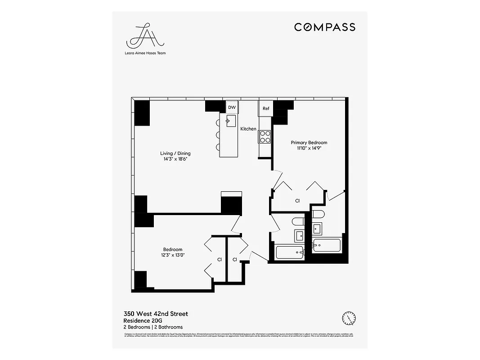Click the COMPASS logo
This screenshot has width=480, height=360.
[324, 27]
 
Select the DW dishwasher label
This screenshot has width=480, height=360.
[232, 108]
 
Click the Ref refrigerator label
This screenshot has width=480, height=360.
[265, 108]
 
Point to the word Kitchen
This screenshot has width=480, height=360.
[248, 129]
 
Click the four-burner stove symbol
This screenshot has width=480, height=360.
[265, 136]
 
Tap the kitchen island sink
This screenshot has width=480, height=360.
[231, 121]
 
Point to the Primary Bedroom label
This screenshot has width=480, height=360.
[309, 143]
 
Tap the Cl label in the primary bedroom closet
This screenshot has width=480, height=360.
[297, 201]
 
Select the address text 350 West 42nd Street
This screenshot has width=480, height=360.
[156, 314]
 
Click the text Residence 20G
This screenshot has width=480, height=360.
[143, 320]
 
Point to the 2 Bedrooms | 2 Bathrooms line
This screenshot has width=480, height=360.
[153, 327]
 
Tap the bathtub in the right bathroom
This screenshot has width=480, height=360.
[326, 245]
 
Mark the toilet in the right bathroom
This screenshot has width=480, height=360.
[317, 214]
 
